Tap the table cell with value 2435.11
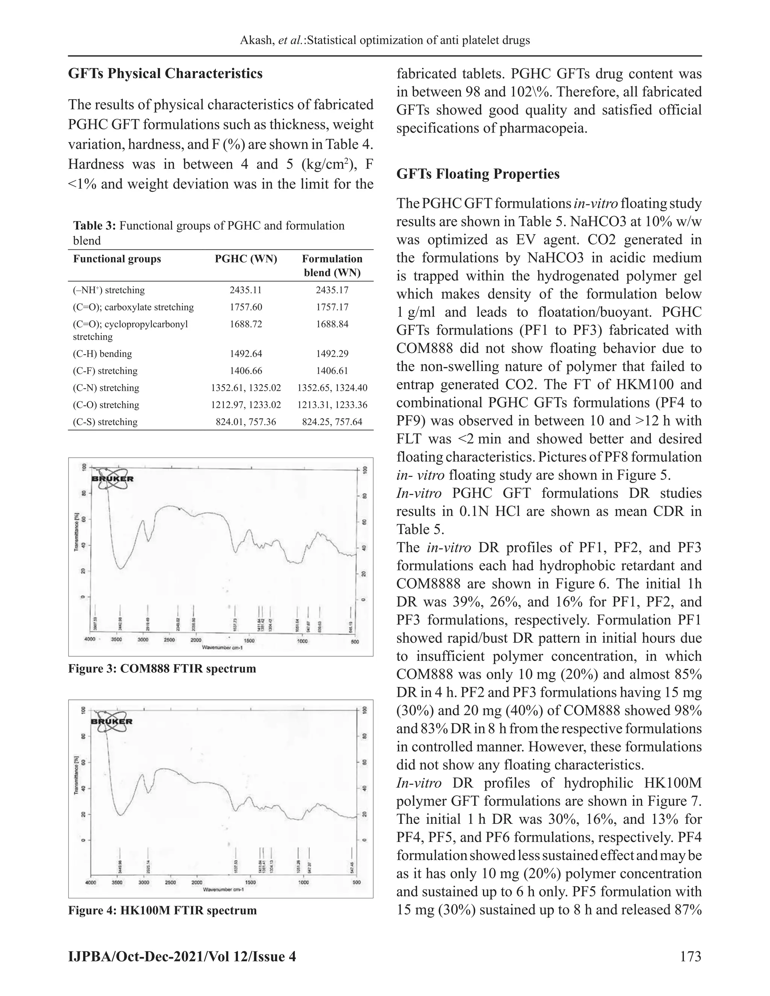pos(246,290)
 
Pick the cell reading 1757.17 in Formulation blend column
pos(332,307)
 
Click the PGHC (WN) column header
pos(246,259)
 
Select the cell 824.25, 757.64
pos(332,422)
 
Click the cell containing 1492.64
pos(246,354)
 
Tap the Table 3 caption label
pos(95,226)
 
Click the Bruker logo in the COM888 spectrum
pos(112,478)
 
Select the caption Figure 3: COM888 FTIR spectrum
pos(162,669)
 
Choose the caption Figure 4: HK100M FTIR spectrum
pos(162,910)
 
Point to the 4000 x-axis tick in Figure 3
pos(90,639)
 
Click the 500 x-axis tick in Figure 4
pos(356,882)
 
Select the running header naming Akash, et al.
pos(385,40)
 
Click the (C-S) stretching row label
pos(105,422)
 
